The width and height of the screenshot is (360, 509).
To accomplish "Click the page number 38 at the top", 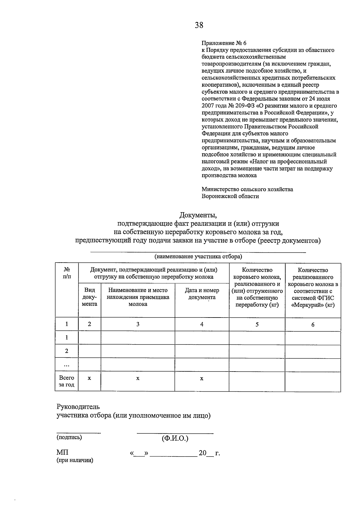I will (199, 25).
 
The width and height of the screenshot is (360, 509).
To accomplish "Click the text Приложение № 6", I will (224, 43).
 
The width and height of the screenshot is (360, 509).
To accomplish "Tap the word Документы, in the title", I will (198, 215).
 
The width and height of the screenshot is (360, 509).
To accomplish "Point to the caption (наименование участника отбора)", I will (198, 257).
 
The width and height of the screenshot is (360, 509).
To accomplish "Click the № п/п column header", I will (67, 273).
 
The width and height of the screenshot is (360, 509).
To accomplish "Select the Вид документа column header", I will (89, 297).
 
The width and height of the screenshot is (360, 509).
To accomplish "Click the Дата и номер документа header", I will (202, 294).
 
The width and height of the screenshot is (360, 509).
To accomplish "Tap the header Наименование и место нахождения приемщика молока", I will (138, 297).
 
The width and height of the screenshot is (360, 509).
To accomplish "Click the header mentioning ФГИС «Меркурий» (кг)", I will (313, 288).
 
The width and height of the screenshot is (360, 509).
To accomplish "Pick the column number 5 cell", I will (257, 324).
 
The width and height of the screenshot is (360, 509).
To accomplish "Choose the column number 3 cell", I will (138, 324).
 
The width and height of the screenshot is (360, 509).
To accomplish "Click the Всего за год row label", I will (67, 381).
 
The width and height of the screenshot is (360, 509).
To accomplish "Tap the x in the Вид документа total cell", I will (89, 378).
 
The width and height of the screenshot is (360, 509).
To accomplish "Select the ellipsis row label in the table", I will (67, 365).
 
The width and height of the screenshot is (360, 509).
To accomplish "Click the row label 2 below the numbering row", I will (67, 351).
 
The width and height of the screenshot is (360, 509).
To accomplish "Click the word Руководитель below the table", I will (78, 407).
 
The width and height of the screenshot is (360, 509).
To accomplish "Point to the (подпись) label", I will (69, 437).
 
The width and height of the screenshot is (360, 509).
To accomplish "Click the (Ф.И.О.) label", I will (175, 438).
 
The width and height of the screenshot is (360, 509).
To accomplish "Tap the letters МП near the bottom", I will (62, 453).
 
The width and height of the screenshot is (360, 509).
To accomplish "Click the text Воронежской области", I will (230, 196).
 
